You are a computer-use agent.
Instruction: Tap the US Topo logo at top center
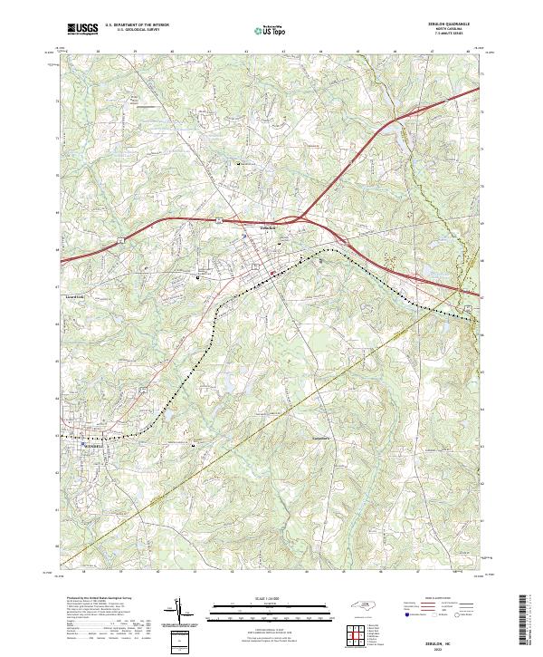click(271, 30)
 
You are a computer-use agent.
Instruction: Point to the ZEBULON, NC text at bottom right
click(442, 637)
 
